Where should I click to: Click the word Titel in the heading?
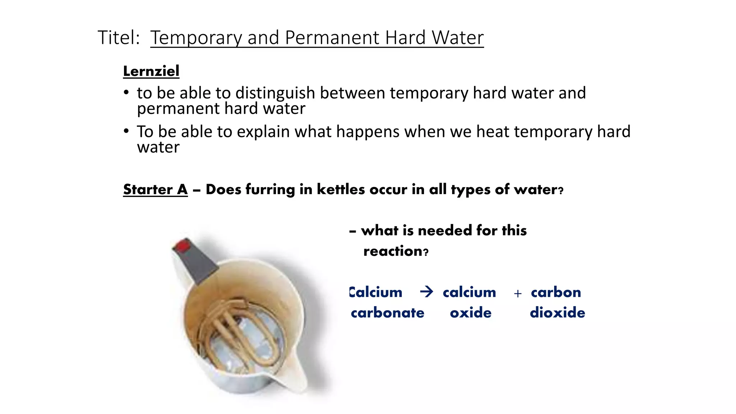[x=118, y=37]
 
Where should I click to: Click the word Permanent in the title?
[x=332, y=37]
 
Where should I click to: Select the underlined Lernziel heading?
[x=151, y=71]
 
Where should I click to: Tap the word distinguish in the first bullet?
[x=275, y=93]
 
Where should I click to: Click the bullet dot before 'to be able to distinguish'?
[x=126, y=93]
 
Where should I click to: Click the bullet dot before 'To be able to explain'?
[x=126, y=131]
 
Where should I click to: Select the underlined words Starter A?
[x=155, y=189]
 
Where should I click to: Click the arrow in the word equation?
[x=427, y=291]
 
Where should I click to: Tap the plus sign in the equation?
[x=517, y=294]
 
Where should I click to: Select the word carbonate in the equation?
[x=387, y=313]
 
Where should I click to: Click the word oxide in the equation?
[x=470, y=313]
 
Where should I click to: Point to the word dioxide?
[x=557, y=313]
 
